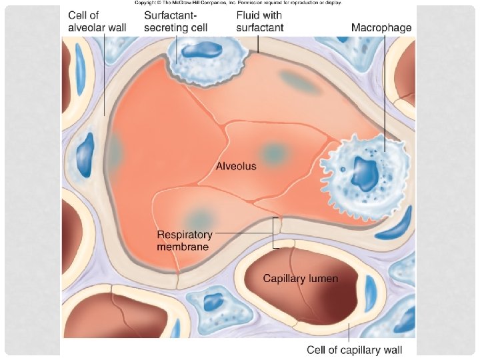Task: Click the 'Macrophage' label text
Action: [x=381, y=28]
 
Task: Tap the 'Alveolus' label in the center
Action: [x=236, y=167]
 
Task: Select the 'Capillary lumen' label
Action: [x=301, y=278]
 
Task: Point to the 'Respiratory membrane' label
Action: [x=184, y=241]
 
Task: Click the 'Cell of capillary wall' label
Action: [x=353, y=349]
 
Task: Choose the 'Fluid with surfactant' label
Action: [x=259, y=21]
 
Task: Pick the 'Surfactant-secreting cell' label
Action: [x=176, y=21]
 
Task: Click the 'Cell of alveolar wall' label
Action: [x=97, y=21]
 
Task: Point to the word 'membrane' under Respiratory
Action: [x=183, y=247]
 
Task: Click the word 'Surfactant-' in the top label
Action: [x=171, y=15]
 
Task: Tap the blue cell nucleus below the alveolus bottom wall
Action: [x=214, y=302]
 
